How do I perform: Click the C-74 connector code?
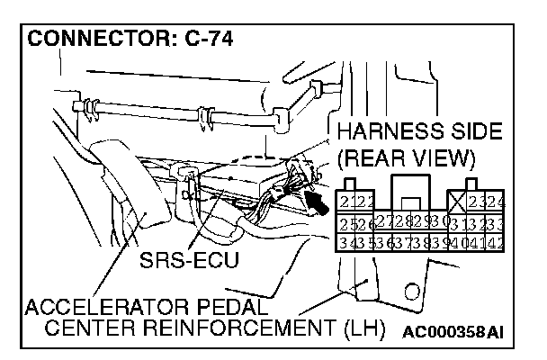click(x=193, y=40)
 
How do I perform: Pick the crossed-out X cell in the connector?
click(x=457, y=200)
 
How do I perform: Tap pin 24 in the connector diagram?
click(x=495, y=200)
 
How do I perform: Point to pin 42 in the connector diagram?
click(x=495, y=242)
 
